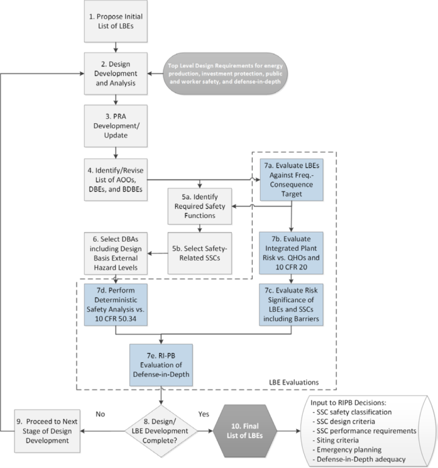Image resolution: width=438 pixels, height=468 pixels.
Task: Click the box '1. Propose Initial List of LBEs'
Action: (x=116, y=21)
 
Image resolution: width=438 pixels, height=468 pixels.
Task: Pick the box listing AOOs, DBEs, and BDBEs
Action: (x=116, y=179)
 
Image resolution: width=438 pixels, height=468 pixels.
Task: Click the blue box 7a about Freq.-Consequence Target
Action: (x=292, y=179)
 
